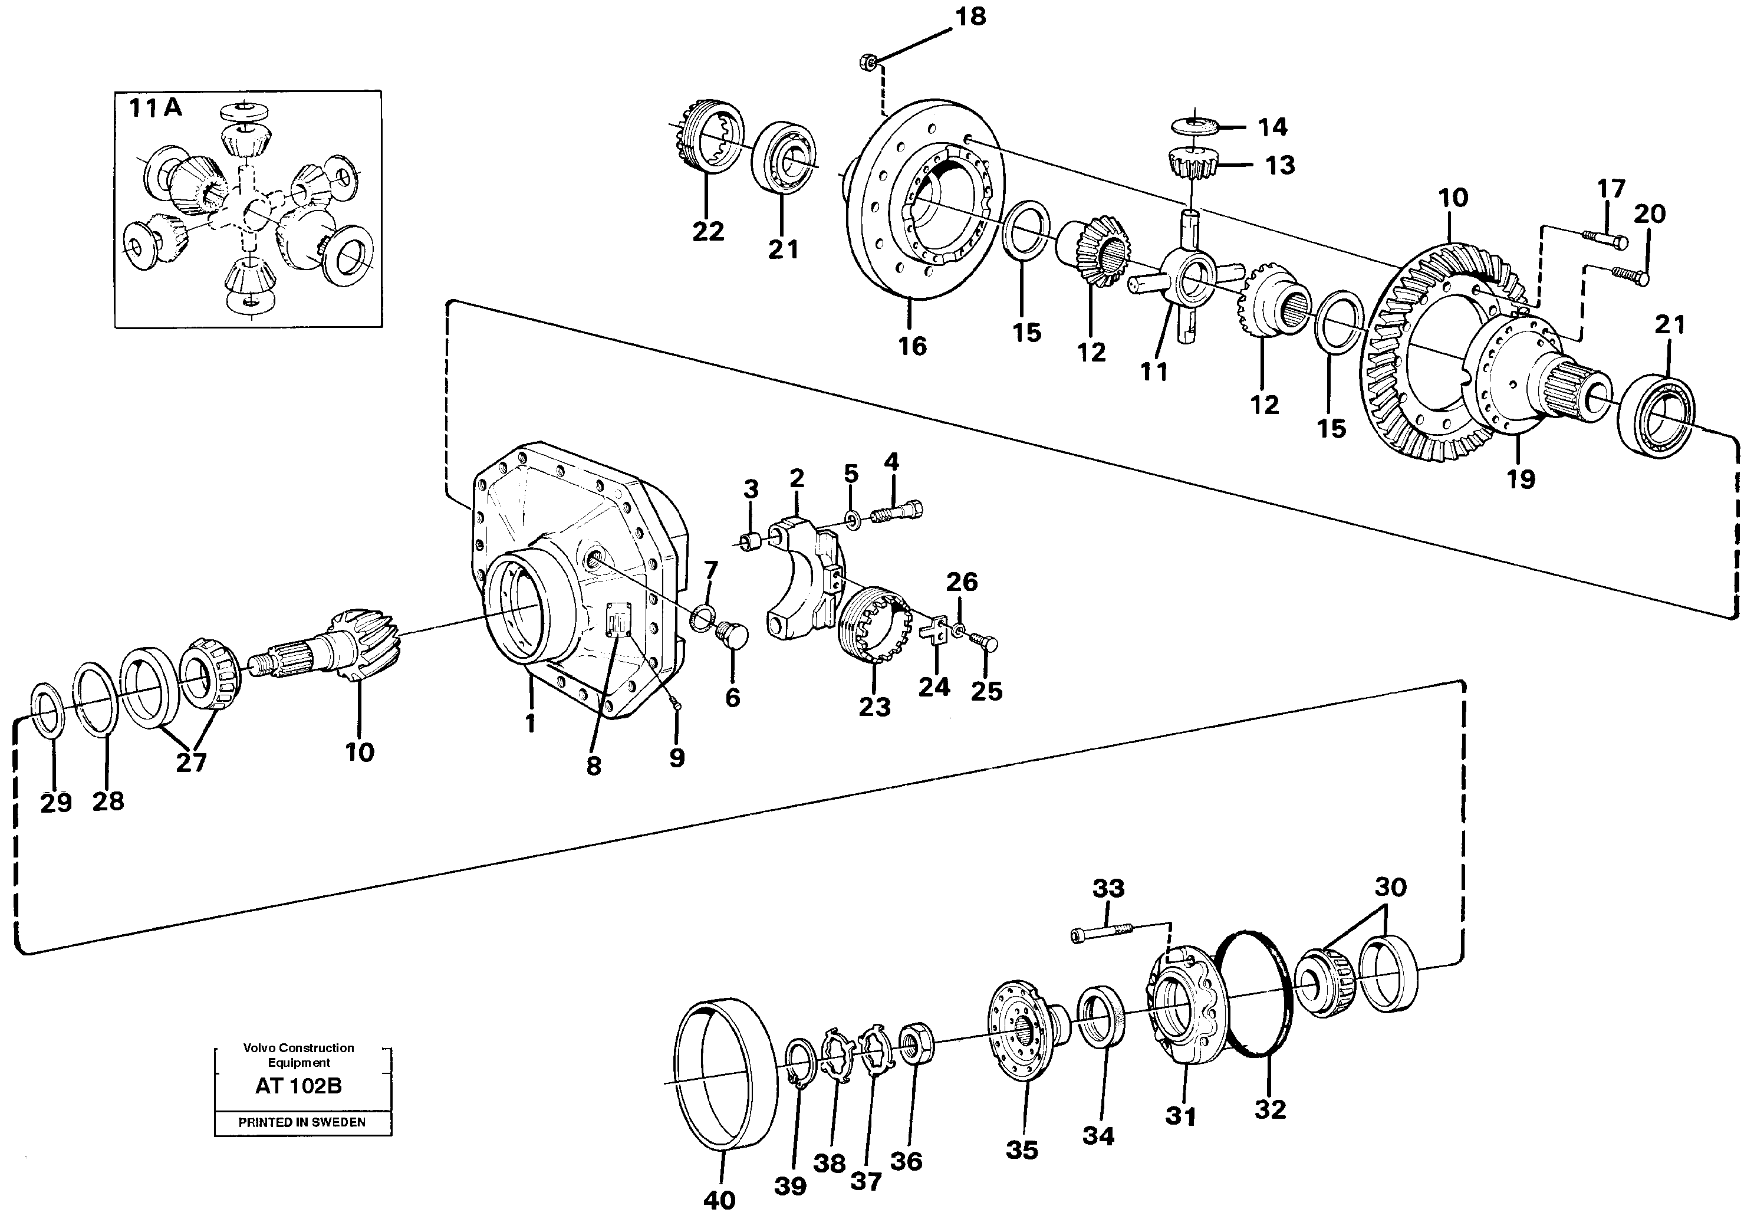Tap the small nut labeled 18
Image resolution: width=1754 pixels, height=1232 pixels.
coord(868,61)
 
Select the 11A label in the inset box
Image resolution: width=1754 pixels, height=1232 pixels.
coord(155,108)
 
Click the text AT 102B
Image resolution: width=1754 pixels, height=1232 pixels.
coord(299,1086)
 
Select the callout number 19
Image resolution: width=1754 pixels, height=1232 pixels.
coord(1521,479)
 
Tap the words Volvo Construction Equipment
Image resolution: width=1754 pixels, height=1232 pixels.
coord(299,1054)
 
